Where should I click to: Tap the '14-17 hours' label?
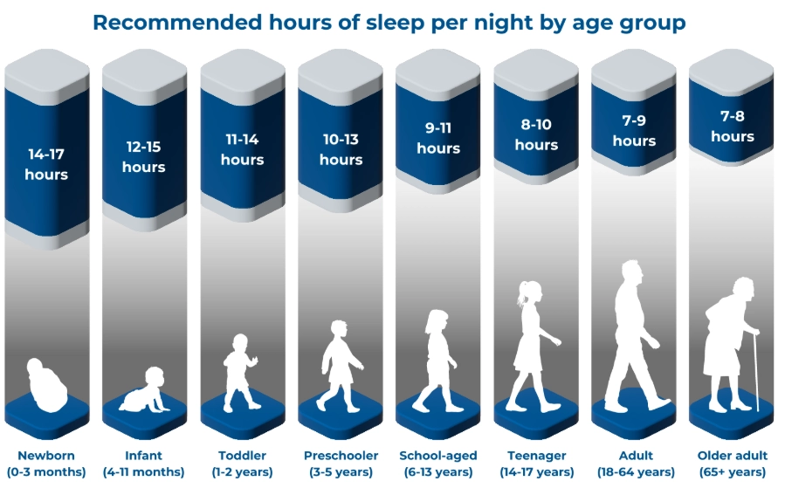coord(46,164)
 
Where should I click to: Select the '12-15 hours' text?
coord(144,157)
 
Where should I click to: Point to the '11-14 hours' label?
coord(242,149)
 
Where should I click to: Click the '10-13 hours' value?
coord(341,149)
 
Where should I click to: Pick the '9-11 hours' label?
coord(438,138)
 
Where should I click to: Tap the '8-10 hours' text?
coord(536,134)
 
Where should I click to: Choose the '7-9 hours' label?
coord(634,130)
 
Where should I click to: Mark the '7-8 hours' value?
coord(732,126)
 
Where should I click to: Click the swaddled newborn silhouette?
coord(46,385)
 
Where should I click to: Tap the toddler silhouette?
coord(241,372)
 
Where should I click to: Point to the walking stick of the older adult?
coord(755,370)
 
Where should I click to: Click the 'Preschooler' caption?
coord(341,456)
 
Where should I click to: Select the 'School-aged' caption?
coord(438,456)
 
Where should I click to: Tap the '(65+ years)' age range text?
coord(732,472)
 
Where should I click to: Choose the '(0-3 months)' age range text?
coord(46,472)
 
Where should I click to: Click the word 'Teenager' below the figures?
coord(536,456)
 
